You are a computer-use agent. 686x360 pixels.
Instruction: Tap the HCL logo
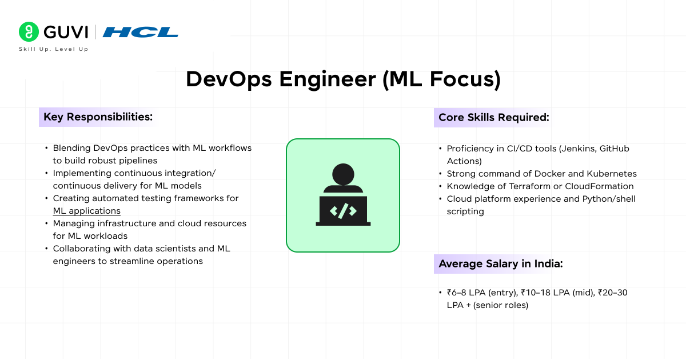(x=141, y=32)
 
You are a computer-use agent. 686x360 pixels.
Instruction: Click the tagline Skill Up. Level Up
(x=53, y=49)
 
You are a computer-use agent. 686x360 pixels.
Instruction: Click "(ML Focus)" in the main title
(x=441, y=79)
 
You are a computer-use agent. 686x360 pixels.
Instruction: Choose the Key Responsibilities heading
(x=98, y=117)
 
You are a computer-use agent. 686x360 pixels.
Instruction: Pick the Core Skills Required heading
(x=493, y=118)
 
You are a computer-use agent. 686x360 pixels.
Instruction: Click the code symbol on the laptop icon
(x=343, y=210)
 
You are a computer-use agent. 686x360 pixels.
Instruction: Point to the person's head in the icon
(x=343, y=175)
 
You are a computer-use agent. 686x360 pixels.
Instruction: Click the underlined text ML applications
(x=87, y=211)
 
